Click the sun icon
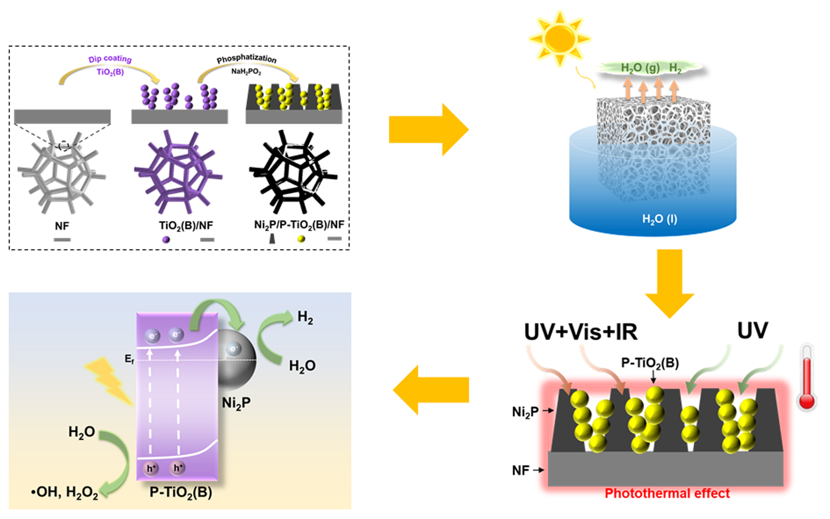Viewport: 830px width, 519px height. point(559,39)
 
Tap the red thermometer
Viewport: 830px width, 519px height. point(807,378)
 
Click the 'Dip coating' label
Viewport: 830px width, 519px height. point(110,59)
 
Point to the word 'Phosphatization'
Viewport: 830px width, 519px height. point(246,58)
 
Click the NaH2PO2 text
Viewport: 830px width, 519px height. point(246,71)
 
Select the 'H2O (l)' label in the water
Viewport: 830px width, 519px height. point(660,218)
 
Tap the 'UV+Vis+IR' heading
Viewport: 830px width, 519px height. point(580,332)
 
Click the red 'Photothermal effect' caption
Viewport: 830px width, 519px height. point(667,493)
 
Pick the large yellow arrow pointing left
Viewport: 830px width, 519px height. point(430,390)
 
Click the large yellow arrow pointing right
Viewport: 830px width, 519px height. point(429,130)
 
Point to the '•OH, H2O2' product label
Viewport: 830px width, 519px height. point(65,492)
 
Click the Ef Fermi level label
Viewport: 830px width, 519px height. point(129,359)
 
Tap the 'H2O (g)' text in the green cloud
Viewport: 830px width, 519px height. point(640,68)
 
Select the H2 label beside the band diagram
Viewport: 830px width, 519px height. point(305,317)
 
